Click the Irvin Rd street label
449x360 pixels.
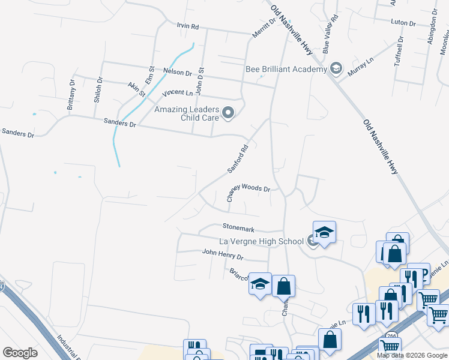187,27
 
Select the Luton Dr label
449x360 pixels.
403,23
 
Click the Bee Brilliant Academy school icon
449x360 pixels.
336,69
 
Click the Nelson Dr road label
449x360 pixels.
177,72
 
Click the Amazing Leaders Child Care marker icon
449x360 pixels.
228,112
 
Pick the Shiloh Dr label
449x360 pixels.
97,91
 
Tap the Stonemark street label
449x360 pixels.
239,229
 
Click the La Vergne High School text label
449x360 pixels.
261,241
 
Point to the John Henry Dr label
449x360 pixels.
222,257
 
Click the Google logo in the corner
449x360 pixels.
20,353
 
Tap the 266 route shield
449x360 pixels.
391,336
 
